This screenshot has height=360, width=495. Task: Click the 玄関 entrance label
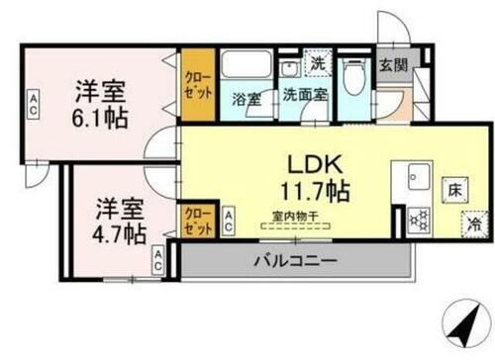(391, 65)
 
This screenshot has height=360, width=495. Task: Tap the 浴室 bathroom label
(247, 98)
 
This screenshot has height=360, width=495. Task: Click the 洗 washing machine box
(317, 61)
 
